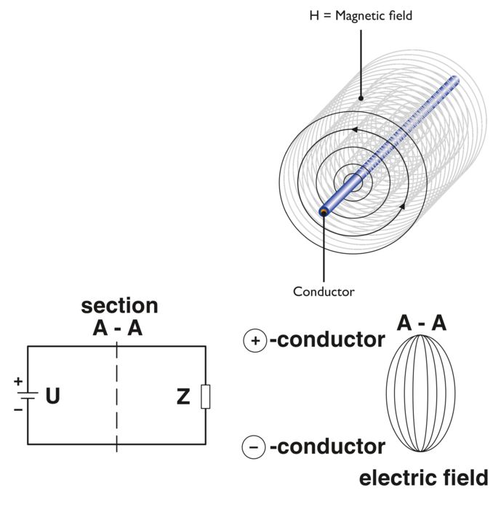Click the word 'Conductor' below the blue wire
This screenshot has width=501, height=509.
(324, 292)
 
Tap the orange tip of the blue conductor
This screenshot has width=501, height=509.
(323, 212)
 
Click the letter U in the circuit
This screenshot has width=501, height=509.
(52, 397)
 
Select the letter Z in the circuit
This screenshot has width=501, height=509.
(184, 397)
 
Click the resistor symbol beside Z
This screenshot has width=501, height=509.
(205, 398)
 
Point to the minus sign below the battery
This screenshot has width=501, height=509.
(18, 409)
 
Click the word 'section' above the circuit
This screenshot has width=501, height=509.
(119, 306)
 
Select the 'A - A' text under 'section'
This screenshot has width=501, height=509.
(118, 329)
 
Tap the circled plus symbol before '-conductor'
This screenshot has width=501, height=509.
(255, 340)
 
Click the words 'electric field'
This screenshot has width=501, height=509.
(423, 478)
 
